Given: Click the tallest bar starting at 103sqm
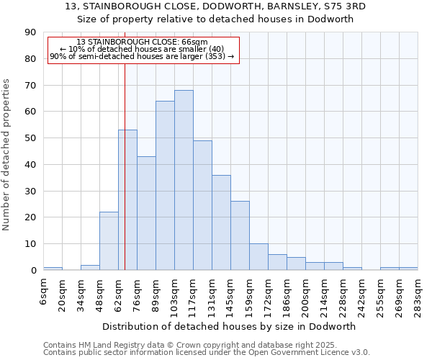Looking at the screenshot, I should coord(184,180).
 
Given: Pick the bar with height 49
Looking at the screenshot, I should coord(202,205).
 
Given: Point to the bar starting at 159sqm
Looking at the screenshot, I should coord(258,257).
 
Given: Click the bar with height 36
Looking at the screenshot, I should coord(221,222).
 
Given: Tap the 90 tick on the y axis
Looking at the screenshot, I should coord(31,32).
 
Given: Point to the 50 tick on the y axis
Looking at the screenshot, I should coord(31,138).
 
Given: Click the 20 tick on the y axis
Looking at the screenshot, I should coord(31,217).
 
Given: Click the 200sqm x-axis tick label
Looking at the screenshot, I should coord(306,295).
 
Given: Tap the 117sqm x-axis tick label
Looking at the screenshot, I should coord(194,295).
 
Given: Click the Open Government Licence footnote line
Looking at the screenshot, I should coord(206,353).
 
